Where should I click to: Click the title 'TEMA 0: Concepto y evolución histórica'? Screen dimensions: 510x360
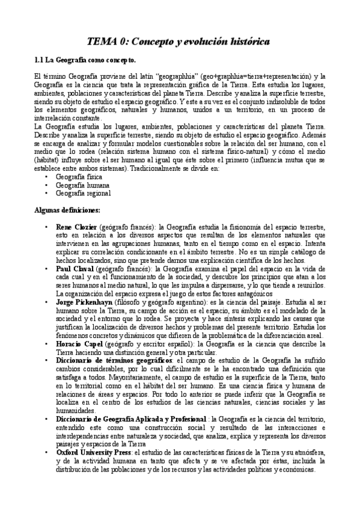(179, 41)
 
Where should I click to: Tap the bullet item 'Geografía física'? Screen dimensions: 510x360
(79, 178)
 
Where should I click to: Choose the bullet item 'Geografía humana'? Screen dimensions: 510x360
(81, 186)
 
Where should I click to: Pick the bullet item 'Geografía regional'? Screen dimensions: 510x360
(82, 194)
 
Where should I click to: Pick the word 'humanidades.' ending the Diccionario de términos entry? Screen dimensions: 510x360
(75, 411)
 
